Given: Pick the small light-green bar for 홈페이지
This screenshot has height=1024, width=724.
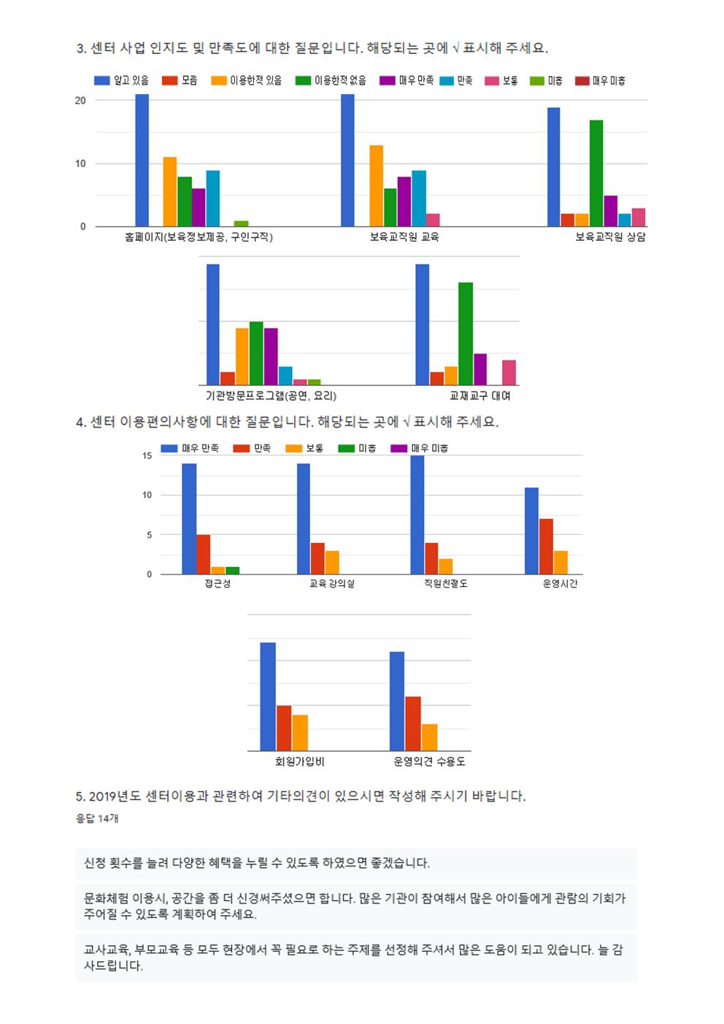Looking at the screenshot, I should (241, 223).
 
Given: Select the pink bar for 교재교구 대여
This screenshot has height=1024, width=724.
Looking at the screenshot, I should (509, 372).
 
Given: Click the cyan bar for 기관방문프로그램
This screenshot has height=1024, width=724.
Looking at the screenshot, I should (285, 375).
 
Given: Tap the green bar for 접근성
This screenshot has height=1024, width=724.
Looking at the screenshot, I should (232, 570).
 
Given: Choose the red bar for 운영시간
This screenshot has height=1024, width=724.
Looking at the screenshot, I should (546, 546).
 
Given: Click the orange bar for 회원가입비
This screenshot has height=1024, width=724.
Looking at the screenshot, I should (300, 732).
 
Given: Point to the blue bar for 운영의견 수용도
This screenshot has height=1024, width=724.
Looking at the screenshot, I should (397, 701).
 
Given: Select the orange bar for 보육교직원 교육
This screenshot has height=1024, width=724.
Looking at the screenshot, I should (376, 185).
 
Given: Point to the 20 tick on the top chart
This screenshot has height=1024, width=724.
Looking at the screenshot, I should (80, 101).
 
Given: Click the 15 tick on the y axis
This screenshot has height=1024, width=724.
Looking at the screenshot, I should (147, 455).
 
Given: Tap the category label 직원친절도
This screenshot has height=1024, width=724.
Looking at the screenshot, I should (446, 584).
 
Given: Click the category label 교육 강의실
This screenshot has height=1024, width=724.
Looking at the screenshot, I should (332, 584).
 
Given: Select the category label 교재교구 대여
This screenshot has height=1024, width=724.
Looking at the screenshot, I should (480, 396).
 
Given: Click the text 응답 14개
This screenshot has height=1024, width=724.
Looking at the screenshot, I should (97, 819).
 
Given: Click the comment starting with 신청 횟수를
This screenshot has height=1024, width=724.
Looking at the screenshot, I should (257, 863).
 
